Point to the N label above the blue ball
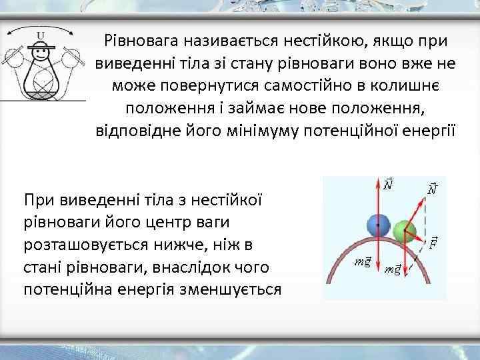pyautogui.click(x=389, y=183)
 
